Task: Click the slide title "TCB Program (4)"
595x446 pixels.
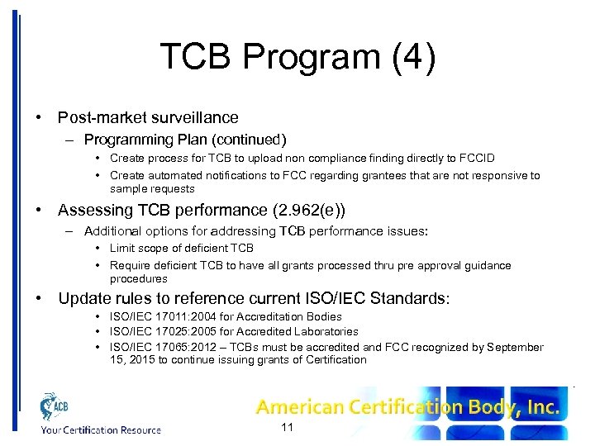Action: click(x=297, y=57)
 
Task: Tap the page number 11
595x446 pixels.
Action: click(x=288, y=428)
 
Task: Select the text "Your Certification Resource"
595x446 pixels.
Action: click(x=101, y=429)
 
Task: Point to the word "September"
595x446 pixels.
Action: click(x=515, y=347)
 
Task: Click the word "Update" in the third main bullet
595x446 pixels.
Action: click(x=83, y=298)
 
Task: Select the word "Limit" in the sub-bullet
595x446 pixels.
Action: click(x=123, y=248)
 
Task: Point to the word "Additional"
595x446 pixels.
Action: click(x=114, y=230)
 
